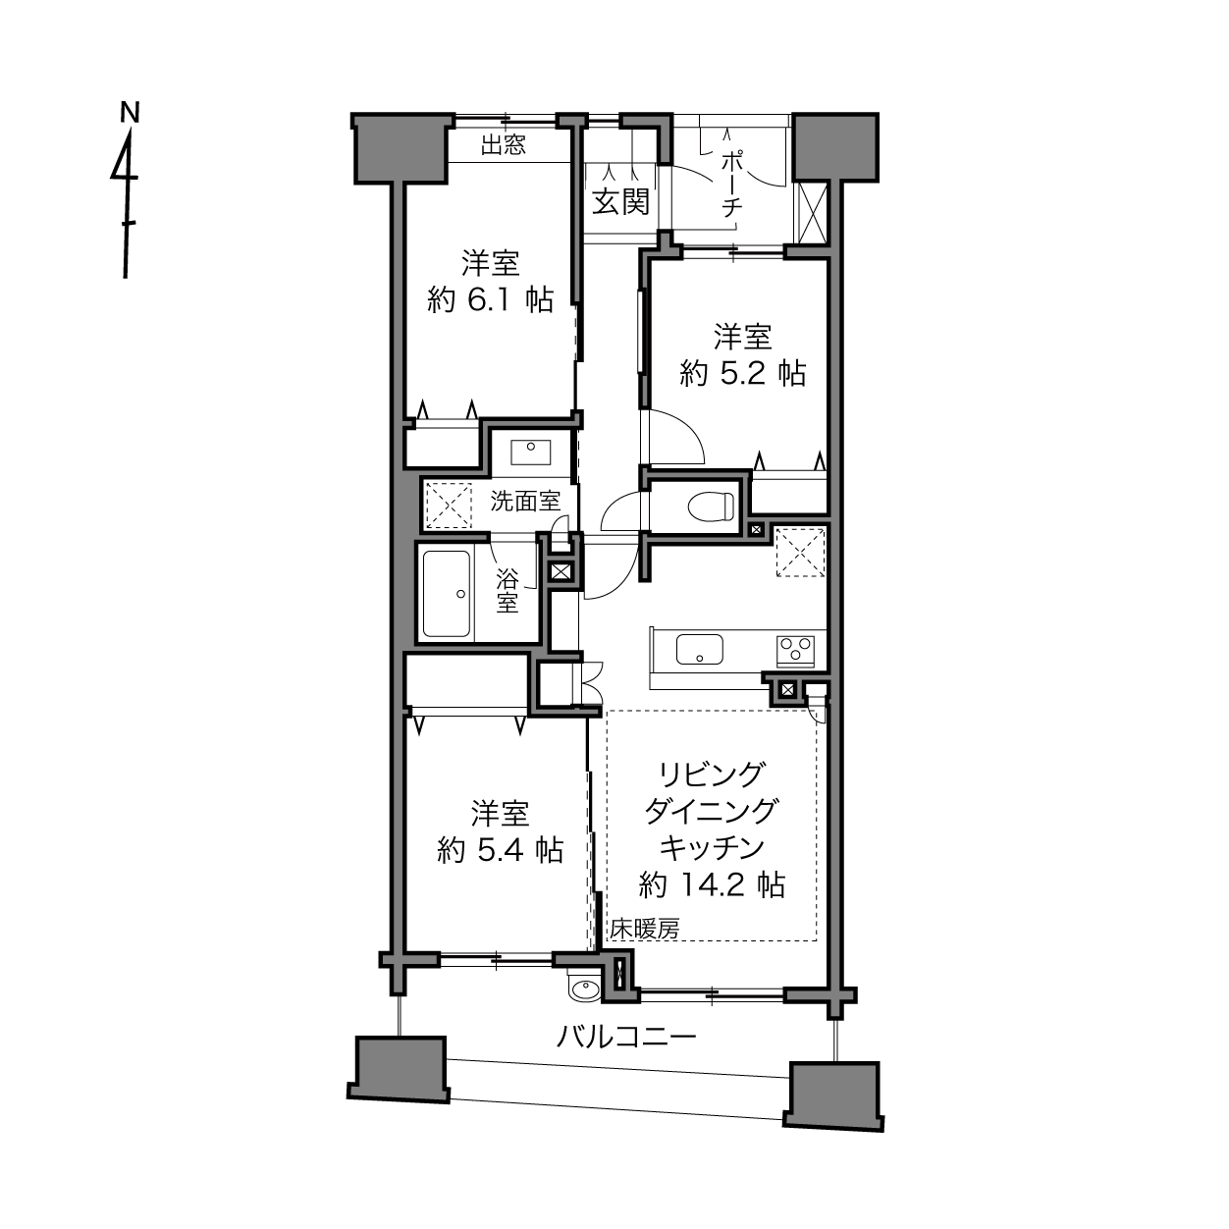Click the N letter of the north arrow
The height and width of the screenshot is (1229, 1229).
click(x=131, y=112)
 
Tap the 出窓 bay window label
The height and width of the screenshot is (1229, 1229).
click(x=504, y=144)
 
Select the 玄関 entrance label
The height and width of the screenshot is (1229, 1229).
click(x=620, y=202)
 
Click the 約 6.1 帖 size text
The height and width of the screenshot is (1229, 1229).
click(x=490, y=299)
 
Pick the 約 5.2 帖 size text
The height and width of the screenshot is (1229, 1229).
click(x=742, y=373)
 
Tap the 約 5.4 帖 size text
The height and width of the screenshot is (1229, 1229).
click(x=500, y=849)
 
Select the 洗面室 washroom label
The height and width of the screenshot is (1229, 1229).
click(x=525, y=502)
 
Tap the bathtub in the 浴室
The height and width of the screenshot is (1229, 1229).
click(x=448, y=595)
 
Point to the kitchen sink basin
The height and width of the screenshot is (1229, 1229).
click(x=700, y=649)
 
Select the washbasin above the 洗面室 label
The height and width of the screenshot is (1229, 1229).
click(x=530, y=453)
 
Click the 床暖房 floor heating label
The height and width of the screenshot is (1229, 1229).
click(x=644, y=929)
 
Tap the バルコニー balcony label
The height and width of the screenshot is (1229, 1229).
click(x=626, y=1038)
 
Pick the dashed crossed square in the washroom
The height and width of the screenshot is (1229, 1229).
click(x=449, y=506)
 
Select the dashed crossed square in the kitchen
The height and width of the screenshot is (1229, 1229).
click(x=800, y=553)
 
